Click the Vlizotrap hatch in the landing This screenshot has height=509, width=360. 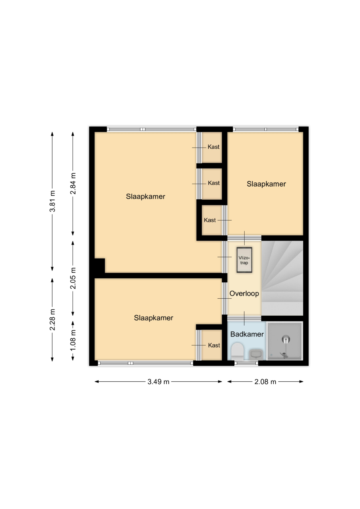tap(244, 260)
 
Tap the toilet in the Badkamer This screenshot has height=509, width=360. tap(237, 352)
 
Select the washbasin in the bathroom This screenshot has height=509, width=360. tap(256, 354)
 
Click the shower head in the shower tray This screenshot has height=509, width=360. tap(286, 339)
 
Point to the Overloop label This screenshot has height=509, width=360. tap(244, 293)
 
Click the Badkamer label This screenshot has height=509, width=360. tap(247, 334)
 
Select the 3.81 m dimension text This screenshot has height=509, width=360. tap(53, 201)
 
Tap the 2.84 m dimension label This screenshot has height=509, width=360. tap(73, 183)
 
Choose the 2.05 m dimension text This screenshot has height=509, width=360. tap(73, 278)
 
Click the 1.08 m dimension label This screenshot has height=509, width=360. tap(73, 340)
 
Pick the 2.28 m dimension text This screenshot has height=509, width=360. tap(53, 319)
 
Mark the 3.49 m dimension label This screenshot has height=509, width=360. tap(158, 382)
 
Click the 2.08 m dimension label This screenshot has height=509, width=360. tap(265, 382)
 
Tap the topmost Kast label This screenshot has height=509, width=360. tap(213, 147)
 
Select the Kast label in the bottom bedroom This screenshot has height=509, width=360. tap(214, 346)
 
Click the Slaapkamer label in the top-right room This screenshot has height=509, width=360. tap(267, 184)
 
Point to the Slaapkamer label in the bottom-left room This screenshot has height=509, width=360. tap(154, 318)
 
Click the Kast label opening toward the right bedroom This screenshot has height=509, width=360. tap(210, 220)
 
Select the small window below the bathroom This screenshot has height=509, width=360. tap(246, 363)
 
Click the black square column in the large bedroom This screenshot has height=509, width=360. tap(99, 265)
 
